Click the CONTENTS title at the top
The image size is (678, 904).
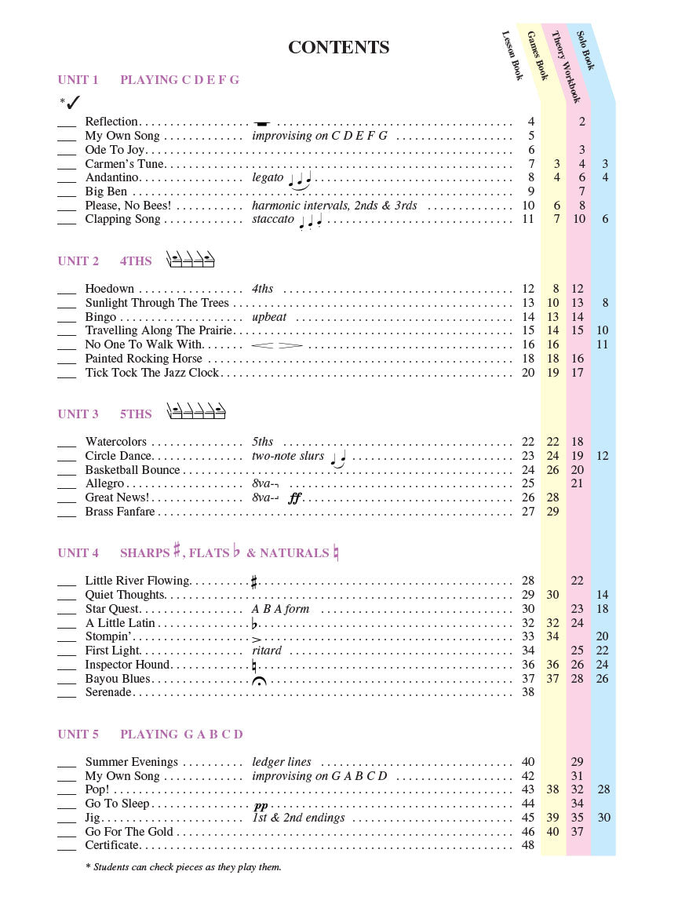coord(338,47)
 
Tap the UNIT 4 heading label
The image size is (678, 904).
coord(78,552)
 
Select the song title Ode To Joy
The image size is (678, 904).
coord(115,150)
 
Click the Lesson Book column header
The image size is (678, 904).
coord(512,56)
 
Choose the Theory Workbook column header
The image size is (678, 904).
coord(565,67)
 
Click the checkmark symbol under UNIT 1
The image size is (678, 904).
coord(73,102)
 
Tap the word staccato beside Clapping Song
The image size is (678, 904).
coord(273,219)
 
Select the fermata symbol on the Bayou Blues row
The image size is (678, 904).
coord(258,680)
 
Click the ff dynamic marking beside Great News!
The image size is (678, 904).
coord(294,498)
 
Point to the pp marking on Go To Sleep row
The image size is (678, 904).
coord(261,805)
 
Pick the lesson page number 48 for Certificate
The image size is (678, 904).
coord(527,845)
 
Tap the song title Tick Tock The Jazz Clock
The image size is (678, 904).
coord(152,373)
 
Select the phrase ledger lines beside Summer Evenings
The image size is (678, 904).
coord(282,762)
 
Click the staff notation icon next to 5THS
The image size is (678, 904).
coord(196,412)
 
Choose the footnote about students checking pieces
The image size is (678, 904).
coord(183,867)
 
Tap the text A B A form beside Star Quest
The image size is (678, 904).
coord(281,609)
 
